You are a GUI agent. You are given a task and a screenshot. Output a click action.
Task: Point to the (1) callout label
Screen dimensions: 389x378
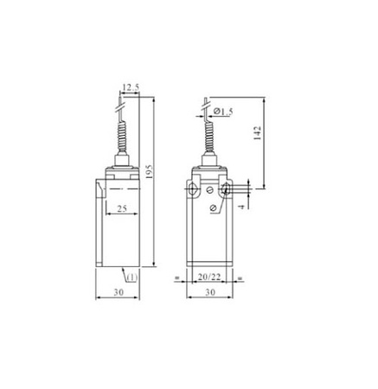click(x=131, y=277)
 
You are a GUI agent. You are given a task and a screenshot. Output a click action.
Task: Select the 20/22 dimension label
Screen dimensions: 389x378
click(x=208, y=277)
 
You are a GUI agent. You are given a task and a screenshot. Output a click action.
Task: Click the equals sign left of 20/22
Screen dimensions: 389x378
click(x=176, y=277)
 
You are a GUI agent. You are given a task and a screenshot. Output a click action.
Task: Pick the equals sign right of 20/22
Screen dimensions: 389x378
click(x=240, y=277)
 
